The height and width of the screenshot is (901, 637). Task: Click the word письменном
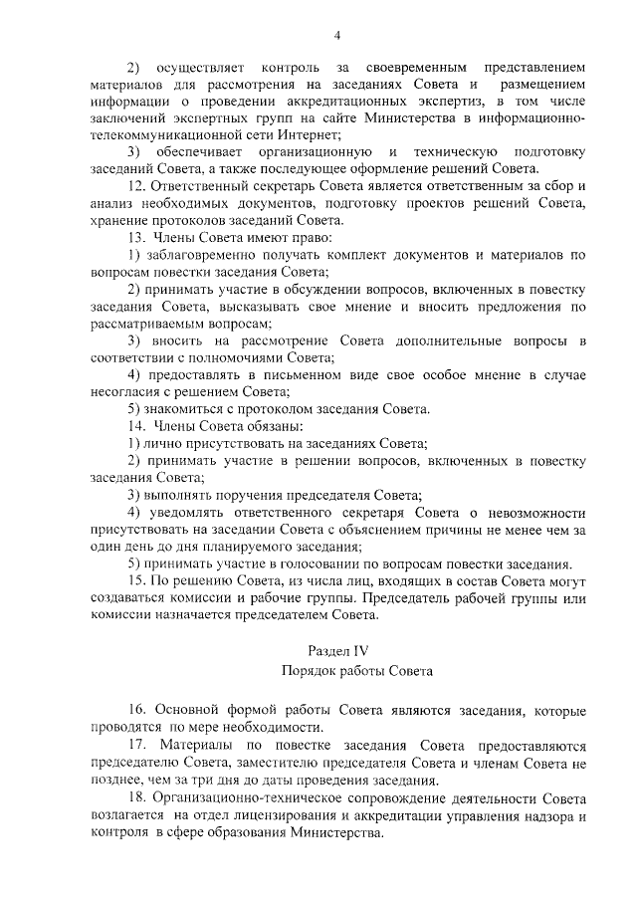(x=290, y=374)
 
